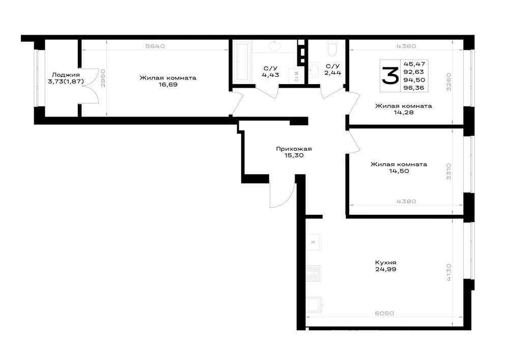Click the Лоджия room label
[66, 75]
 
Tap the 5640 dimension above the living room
[155, 46]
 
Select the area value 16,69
[168, 85]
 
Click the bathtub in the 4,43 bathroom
[242, 62]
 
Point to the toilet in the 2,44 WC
[332, 48]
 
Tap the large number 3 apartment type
[390, 76]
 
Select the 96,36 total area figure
[414, 88]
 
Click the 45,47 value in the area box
[414, 64]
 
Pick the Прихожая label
[294, 149]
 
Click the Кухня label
[386, 263]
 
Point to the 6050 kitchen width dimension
[384, 314]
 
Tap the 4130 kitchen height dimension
[448, 272]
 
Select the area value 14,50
[399, 171]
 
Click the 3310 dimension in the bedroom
[448, 171]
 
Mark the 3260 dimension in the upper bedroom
[448, 82]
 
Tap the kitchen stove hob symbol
[314, 273]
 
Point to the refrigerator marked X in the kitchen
[314, 242]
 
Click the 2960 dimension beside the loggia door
[103, 78]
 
